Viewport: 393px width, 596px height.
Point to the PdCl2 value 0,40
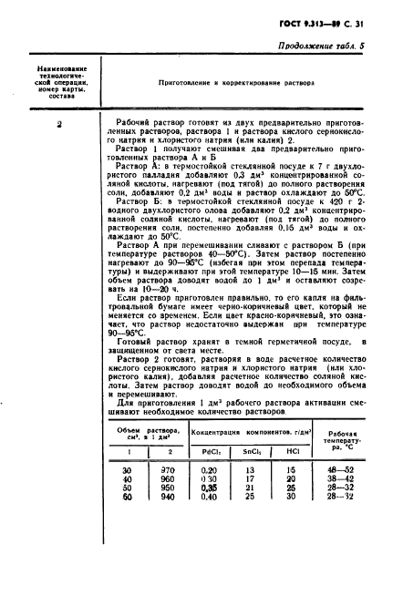coord(209,498)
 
